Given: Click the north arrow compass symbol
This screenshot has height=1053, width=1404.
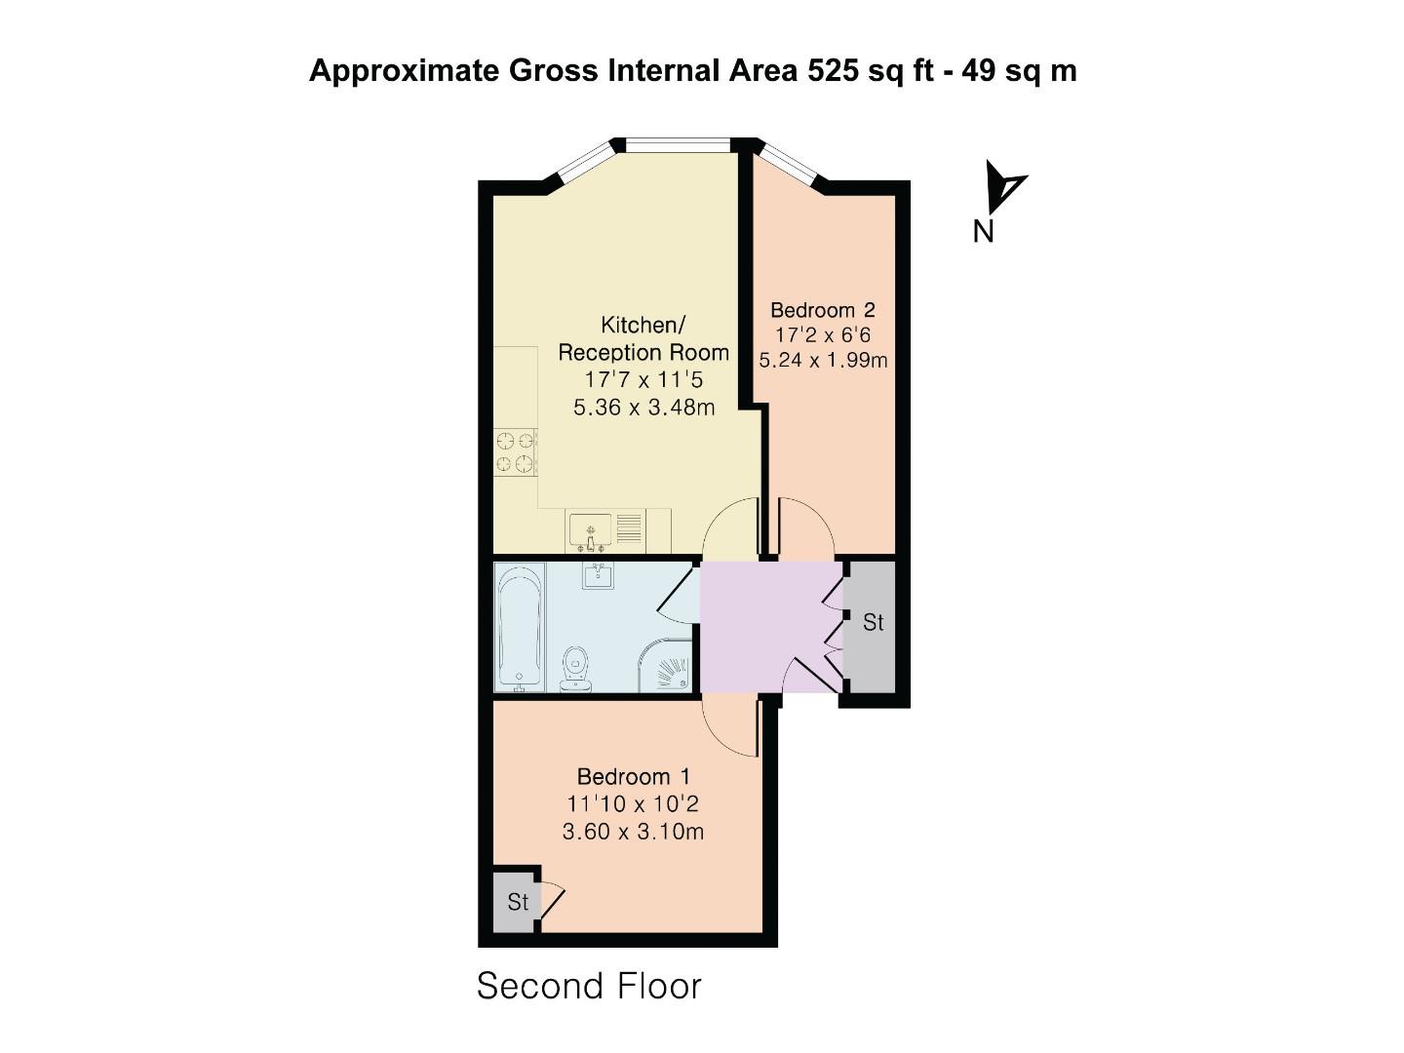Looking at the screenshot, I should [1003, 186].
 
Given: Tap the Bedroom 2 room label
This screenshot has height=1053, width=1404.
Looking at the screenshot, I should [822, 310].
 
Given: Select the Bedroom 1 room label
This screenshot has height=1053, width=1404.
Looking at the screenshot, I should [633, 777].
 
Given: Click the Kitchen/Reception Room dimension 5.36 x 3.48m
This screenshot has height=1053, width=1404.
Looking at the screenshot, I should [643, 408].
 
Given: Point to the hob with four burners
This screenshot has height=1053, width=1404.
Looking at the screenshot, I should [516, 452].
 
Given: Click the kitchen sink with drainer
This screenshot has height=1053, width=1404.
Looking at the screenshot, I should [604, 532].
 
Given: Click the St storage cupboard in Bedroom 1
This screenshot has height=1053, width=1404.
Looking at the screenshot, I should [517, 902].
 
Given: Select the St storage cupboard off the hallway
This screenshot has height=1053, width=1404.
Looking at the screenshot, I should [873, 622].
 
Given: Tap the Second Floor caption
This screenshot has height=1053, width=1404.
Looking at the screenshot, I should [589, 987].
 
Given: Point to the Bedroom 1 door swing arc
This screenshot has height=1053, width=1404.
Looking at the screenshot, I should [727, 729].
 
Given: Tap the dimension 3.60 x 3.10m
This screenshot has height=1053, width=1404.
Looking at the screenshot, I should [633, 832].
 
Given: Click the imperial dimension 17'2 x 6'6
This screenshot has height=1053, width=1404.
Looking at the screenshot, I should [822, 334].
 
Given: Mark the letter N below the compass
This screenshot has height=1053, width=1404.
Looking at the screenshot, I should [983, 232].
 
